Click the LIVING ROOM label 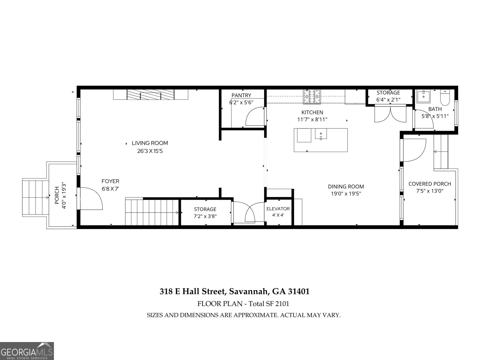(150, 143)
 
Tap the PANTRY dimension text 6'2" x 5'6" (241, 102)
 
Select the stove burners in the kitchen (312, 97)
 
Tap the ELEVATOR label (278, 209)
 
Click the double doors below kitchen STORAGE (390, 114)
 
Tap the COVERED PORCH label (430, 184)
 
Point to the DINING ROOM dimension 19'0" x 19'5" (346, 194)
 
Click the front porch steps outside (35, 197)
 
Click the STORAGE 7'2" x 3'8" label (205, 209)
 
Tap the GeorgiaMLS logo (27, 351)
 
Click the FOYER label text (110, 181)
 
